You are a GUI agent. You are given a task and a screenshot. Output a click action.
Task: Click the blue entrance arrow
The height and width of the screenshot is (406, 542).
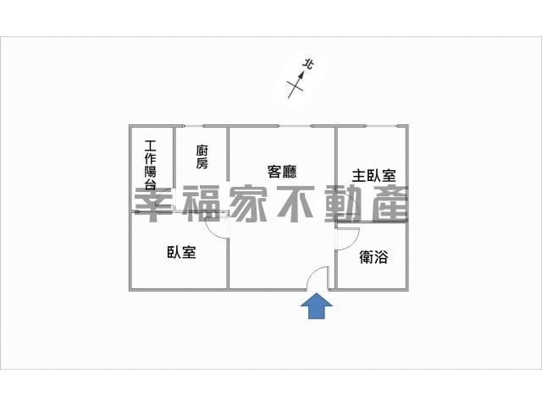click(x=317, y=306)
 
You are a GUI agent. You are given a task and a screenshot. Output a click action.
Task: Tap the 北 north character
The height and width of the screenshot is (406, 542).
click(x=308, y=64)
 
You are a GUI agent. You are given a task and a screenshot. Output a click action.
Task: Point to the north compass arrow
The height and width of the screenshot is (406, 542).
click(x=296, y=85)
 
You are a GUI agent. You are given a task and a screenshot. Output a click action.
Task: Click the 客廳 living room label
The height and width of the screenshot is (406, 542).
click(x=282, y=172)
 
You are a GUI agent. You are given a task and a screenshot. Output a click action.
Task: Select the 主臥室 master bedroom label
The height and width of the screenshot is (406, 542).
click(x=373, y=175)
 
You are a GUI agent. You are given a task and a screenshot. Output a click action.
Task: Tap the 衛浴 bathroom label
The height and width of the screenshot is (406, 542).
click(x=373, y=257)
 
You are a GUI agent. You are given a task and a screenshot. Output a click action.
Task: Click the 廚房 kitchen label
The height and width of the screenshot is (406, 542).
click(x=202, y=157)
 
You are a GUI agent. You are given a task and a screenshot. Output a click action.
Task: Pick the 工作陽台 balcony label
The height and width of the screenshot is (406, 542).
click(x=151, y=165)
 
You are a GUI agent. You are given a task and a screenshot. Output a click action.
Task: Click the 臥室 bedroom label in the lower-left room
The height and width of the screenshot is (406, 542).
click(x=181, y=252)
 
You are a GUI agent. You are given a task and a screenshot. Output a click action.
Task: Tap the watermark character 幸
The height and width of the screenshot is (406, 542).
click(x=153, y=205)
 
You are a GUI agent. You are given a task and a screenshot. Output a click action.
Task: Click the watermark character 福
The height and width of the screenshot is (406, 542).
click(x=202, y=204)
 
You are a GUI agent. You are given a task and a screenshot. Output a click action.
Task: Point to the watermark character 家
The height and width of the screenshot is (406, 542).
click(x=248, y=204)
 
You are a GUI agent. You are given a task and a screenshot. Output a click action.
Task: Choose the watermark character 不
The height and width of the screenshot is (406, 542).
click(x=296, y=204)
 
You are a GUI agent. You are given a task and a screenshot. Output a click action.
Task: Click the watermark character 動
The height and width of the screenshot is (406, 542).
click(x=343, y=204)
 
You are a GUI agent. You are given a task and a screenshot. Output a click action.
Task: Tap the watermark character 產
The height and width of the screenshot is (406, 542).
click(x=390, y=204)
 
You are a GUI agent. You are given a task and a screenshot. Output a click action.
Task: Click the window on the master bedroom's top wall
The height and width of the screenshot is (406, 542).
click(x=380, y=126)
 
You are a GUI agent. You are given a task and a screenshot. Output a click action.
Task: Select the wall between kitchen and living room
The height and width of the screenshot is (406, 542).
click(x=228, y=154)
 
